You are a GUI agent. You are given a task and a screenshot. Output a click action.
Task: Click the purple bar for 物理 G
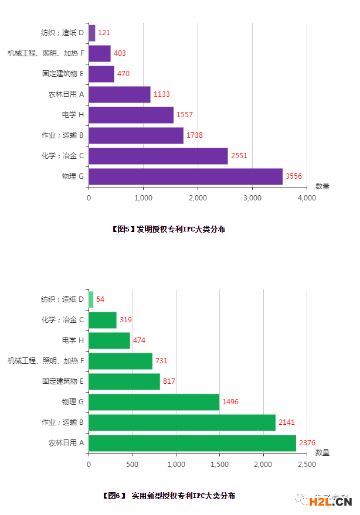(x=185, y=176)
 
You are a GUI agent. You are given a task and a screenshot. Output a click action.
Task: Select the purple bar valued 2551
(x=158, y=156)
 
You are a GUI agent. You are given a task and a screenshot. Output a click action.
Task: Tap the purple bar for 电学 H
(x=131, y=115)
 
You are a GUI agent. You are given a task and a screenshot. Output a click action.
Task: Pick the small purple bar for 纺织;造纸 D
(x=92, y=33)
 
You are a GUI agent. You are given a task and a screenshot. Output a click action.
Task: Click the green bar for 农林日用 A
(x=192, y=443)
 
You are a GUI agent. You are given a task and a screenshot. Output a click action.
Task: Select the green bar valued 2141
(x=182, y=422)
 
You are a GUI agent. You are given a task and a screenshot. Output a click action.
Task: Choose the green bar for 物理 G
(x=154, y=402)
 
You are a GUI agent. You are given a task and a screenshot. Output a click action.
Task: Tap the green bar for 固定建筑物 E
(x=124, y=381)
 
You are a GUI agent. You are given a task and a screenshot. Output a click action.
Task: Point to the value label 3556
(x=294, y=176)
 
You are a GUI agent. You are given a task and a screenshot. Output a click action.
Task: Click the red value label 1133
(x=161, y=94)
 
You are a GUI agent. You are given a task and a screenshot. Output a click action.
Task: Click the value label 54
(x=100, y=299)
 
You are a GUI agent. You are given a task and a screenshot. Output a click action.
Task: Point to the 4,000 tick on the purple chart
(x=307, y=198)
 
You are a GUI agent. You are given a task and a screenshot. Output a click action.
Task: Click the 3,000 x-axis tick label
(x=252, y=198)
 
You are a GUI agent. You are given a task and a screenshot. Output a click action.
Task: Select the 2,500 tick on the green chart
(x=307, y=465)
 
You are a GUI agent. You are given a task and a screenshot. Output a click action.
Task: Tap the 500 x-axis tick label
(x=132, y=465)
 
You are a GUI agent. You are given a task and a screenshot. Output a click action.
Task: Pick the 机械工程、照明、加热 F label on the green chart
(x=46, y=361)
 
